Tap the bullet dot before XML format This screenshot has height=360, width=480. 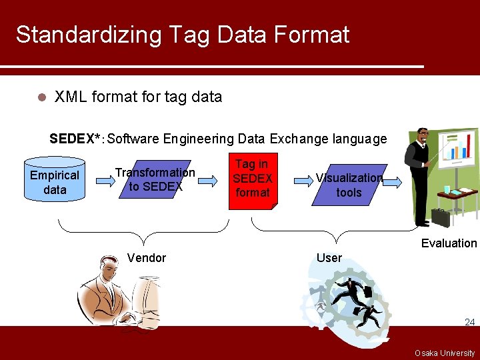[41, 97]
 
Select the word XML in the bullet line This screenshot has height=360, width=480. [71, 97]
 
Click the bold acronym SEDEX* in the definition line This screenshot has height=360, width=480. [75, 139]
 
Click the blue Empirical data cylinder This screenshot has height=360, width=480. [55, 179]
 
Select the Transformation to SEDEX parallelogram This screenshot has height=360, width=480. [155, 179]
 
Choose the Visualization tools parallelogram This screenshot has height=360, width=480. [349, 185]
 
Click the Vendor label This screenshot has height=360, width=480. [146, 258]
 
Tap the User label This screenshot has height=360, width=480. [329, 258]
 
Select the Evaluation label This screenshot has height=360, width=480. [449, 243]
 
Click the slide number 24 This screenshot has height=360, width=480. [469, 323]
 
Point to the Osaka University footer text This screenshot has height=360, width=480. [445, 353]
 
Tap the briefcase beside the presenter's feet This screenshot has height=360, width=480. [440, 217]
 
